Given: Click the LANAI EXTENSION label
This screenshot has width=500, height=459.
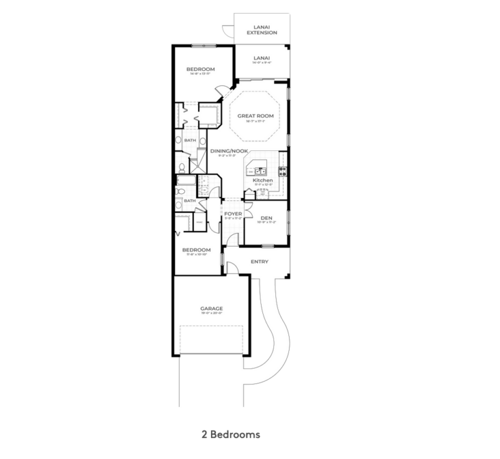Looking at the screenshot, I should coord(262,30).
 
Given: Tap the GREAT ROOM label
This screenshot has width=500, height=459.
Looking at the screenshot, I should coord(255,116).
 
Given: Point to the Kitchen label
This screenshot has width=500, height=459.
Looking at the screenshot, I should coord(254,180).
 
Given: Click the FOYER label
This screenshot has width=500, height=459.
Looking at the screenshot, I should coord(233,214).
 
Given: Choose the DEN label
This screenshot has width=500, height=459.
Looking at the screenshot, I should coord(266,218).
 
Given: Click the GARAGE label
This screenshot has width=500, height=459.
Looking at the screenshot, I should coord(211,309).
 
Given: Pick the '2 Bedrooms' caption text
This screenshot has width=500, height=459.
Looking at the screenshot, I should coord(230,434).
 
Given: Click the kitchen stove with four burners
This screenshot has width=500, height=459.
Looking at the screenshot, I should coord(283,172).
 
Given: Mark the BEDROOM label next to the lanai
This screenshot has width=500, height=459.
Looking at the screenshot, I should coord(200,69).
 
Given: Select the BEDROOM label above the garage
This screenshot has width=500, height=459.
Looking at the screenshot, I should coord(196,250).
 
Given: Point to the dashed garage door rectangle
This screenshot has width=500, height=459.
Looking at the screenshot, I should coord(211,339).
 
